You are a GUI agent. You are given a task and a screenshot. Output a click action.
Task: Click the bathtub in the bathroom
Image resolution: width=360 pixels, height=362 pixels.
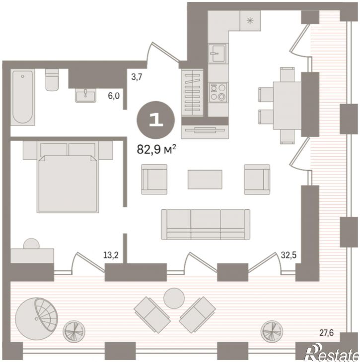23,97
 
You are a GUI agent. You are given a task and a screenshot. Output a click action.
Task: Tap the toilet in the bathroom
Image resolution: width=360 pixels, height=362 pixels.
52,80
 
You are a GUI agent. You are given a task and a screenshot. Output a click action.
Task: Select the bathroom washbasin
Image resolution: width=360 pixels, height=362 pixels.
85,95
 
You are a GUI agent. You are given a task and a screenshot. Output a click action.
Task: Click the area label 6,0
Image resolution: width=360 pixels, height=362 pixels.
114,96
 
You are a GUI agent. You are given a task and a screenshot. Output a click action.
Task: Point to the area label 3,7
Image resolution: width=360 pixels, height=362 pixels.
137,77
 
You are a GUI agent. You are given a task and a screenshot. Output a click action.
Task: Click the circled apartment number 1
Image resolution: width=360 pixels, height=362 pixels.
156,121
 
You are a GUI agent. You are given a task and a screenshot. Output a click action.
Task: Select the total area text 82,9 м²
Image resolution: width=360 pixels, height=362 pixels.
156,149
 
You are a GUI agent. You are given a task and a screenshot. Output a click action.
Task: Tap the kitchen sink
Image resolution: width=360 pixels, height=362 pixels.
217,54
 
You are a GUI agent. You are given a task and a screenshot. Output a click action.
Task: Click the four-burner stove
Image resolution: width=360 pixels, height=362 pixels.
218,92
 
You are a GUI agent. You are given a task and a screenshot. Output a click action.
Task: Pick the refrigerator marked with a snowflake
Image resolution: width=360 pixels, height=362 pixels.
250,21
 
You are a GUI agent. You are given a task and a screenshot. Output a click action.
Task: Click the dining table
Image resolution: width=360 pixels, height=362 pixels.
287,106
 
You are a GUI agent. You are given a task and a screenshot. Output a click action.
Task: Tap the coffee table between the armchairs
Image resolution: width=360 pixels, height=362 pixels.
205,180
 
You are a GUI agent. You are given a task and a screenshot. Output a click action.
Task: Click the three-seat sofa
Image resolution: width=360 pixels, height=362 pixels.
206,225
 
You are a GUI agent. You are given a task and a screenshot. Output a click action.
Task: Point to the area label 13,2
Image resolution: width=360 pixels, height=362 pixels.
111,255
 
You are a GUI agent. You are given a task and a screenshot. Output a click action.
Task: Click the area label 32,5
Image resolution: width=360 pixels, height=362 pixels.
288,255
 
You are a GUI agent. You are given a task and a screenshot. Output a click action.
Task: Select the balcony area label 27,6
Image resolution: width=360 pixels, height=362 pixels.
326,333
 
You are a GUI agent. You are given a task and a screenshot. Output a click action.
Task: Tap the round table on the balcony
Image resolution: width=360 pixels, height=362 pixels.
174,299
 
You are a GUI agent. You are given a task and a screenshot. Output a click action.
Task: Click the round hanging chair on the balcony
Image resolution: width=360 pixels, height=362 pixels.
37,318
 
